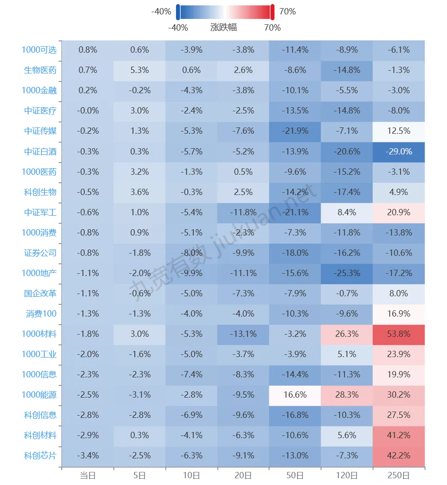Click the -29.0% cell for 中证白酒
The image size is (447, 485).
[398, 151]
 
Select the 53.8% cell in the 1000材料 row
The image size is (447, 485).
[398, 334]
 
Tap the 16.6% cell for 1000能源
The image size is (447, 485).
[295, 394]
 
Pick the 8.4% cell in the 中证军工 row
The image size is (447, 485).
[347, 212]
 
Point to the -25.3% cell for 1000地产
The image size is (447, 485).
[347, 273]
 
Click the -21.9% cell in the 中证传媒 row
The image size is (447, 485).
[295, 131]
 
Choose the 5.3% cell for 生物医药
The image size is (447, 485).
[140, 70]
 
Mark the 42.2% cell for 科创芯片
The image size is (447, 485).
[398, 455]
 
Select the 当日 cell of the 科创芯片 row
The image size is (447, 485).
[88, 455]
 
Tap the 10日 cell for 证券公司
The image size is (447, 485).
[191, 253]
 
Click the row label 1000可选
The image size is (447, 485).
[39, 50]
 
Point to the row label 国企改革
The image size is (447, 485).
[41, 293]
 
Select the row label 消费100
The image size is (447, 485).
[41, 313]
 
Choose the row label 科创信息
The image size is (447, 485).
[41, 415]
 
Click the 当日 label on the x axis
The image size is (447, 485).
[88, 475]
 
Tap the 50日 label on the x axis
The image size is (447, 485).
[295, 475]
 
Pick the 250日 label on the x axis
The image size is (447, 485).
[398, 475]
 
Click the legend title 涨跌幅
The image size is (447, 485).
[224, 27]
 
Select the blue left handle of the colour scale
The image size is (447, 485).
[178, 12]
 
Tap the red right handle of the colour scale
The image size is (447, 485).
[272, 12]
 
